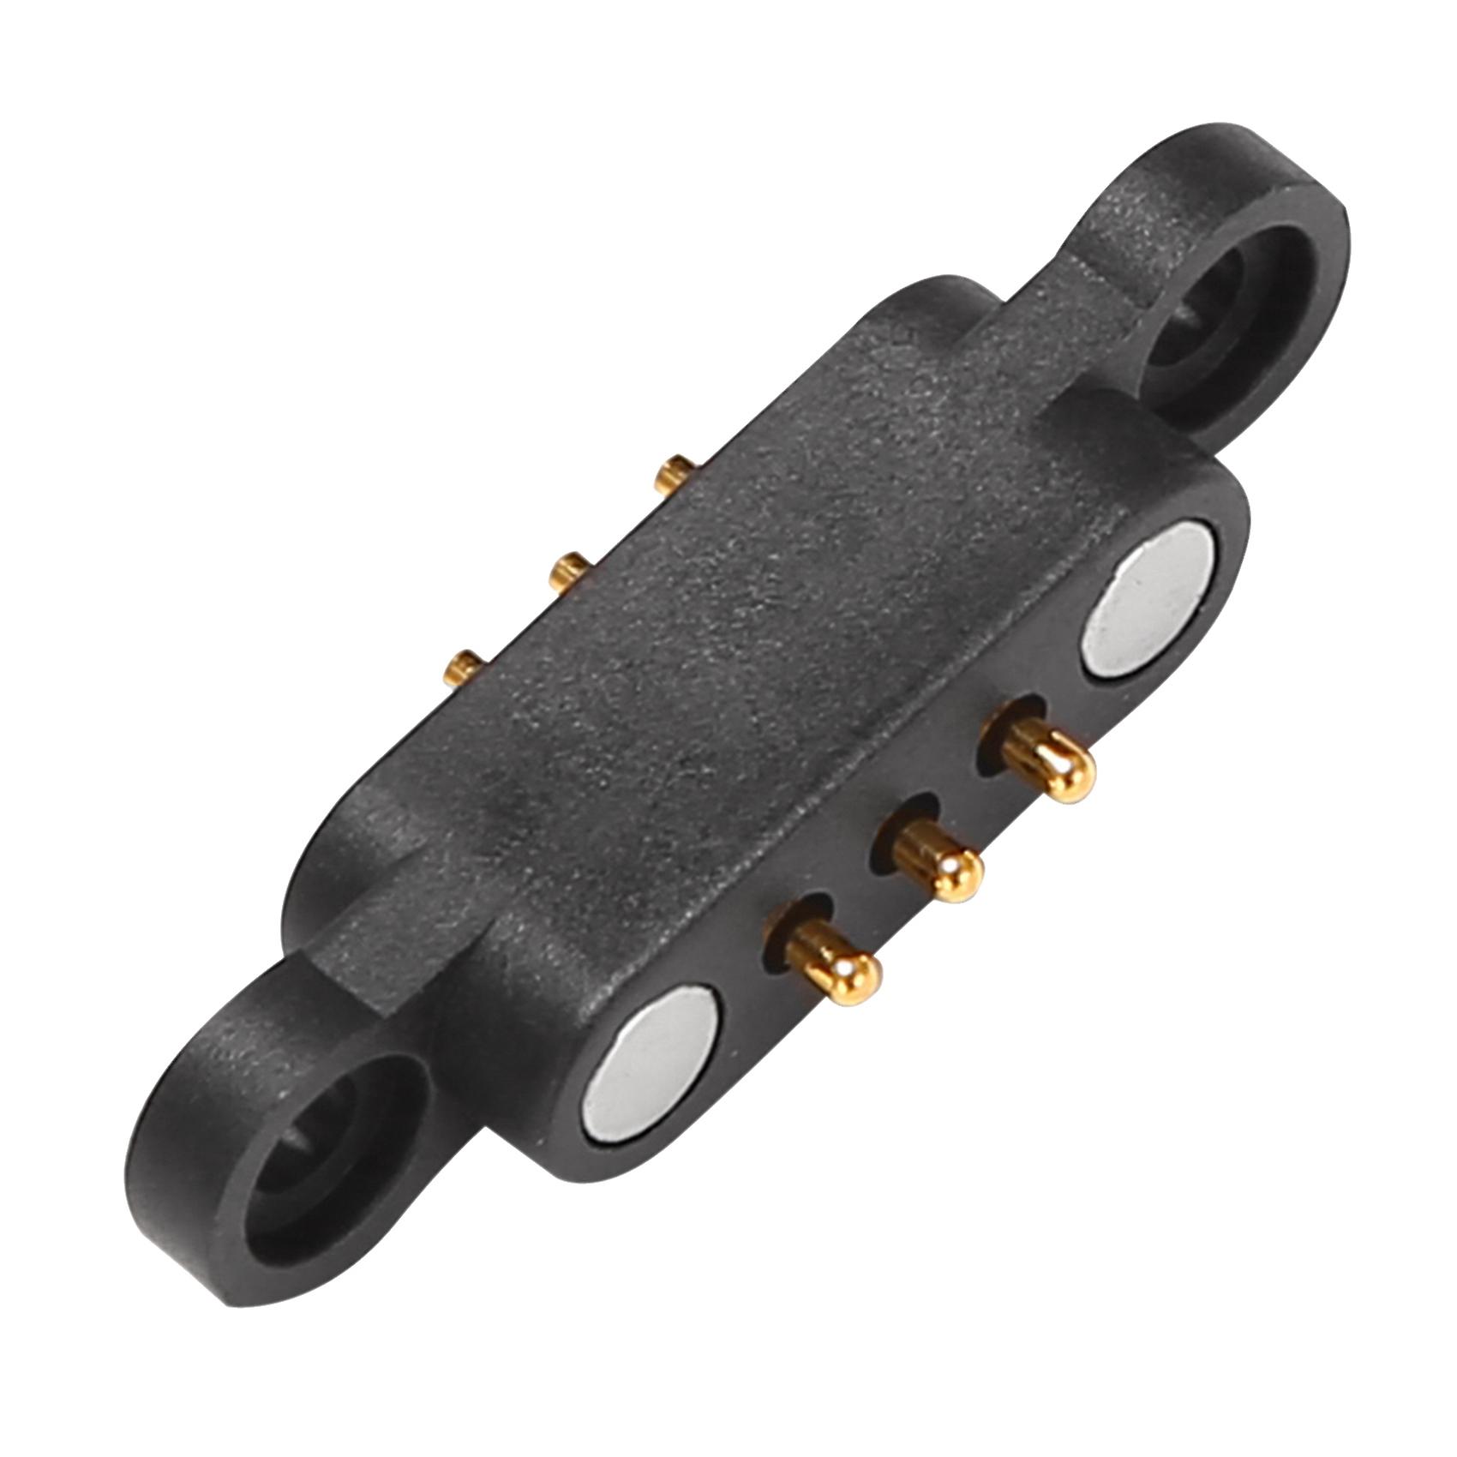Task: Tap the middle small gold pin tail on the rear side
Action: tap(567, 569)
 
